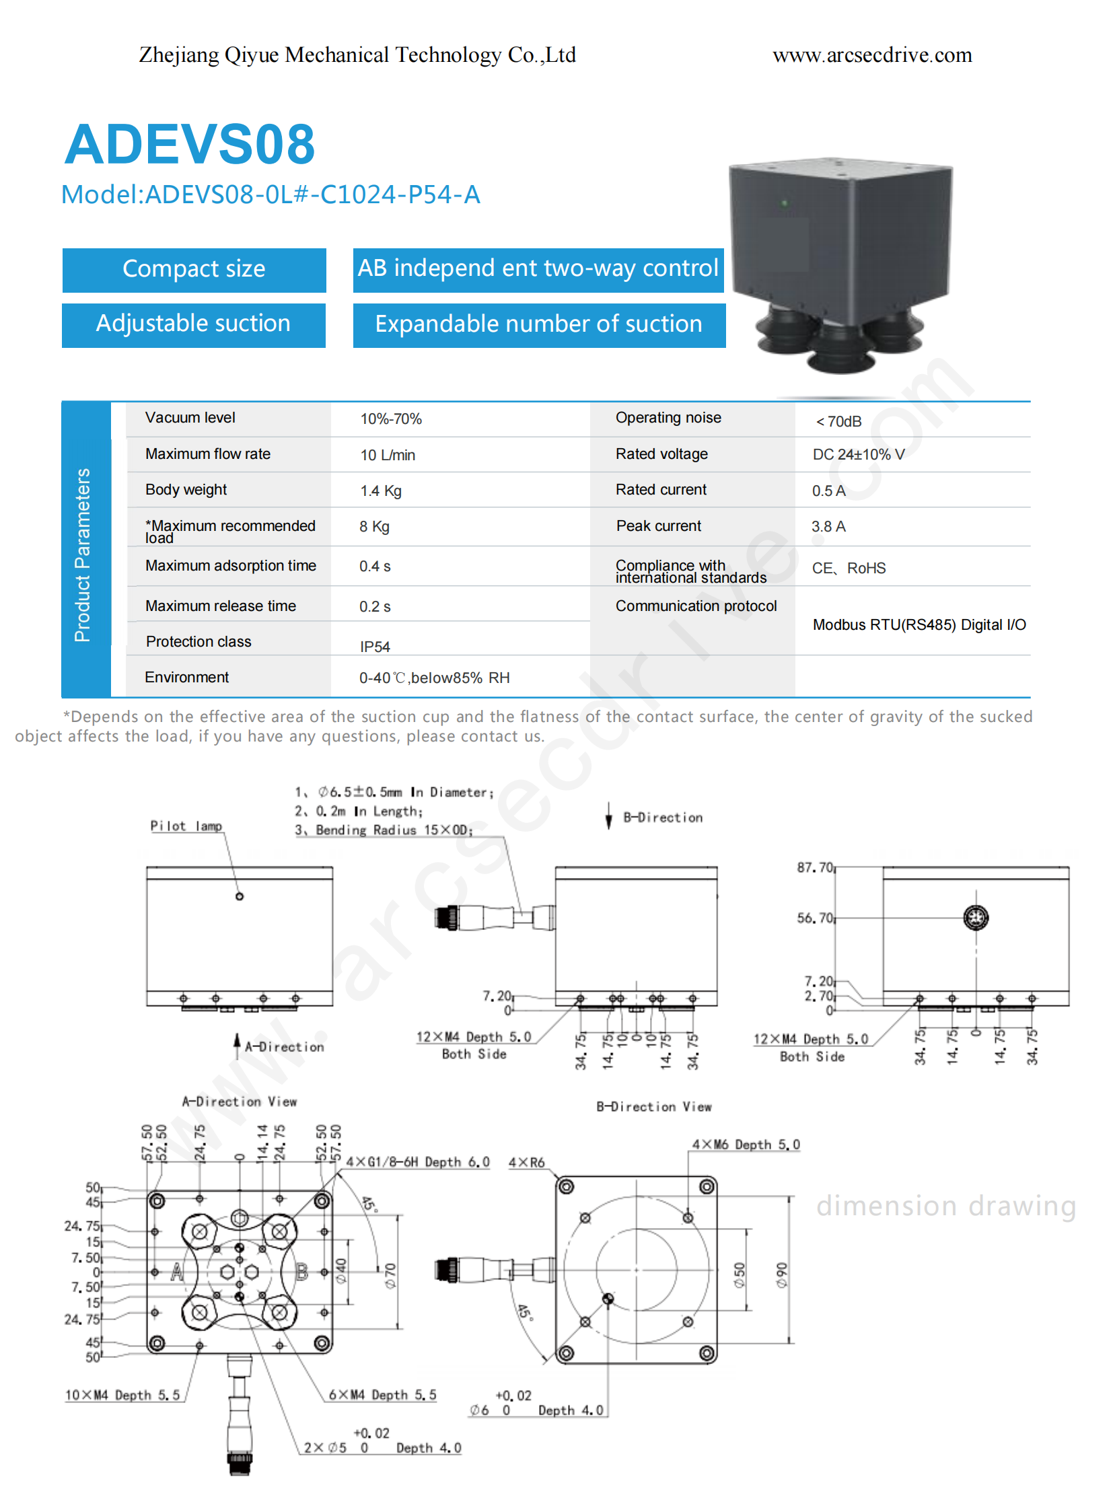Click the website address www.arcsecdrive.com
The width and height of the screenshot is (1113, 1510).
(872, 55)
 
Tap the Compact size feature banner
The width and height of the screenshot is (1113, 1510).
(194, 270)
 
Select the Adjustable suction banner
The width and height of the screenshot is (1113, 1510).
(193, 325)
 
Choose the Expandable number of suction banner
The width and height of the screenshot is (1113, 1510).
(539, 325)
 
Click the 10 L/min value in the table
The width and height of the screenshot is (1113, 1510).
(388, 455)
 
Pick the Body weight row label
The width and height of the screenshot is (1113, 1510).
(186, 490)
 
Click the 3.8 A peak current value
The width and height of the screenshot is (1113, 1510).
(828, 526)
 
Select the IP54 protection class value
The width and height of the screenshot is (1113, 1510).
(375, 647)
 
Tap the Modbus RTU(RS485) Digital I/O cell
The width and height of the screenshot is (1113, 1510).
(919, 624)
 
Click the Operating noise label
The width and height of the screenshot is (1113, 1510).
(668, 418)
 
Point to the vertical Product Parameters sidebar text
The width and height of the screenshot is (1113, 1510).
(82, 554)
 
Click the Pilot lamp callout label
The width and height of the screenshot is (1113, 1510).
(186, 826)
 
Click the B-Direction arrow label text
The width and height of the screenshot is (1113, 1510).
(662, 818)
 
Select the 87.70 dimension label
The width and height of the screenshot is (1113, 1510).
(814, 867)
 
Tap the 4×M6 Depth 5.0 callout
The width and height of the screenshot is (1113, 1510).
(746, 1144)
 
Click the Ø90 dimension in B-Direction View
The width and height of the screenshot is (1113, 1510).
(781, 1275)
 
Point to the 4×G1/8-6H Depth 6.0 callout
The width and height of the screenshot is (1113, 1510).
(418, 1161)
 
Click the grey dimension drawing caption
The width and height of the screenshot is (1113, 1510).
(946, 1206)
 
